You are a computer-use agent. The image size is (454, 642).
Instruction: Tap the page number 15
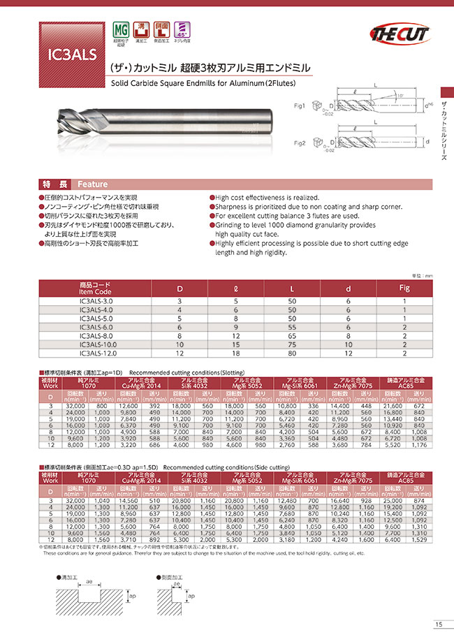click(x=437, y=625)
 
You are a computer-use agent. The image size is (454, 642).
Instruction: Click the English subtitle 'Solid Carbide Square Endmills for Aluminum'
click(x=203, y=82)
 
